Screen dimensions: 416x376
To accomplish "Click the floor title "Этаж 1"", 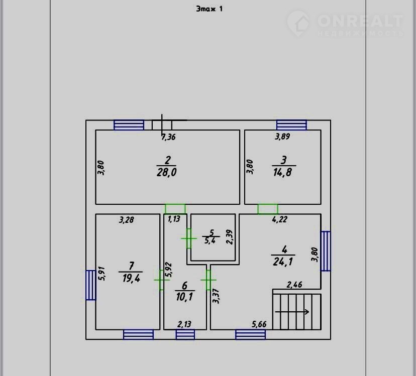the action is (x=210, y=9).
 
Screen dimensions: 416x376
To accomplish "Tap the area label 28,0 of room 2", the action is (x=167, y=172).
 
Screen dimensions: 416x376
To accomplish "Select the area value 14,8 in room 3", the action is (x=282, y=172).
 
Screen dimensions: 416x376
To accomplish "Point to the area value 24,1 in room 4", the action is (x=283, y=262).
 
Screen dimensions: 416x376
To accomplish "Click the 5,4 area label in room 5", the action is (x=210, y=241).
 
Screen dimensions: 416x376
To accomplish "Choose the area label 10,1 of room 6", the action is (x=184, y=297).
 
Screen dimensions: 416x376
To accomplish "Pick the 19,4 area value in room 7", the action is (x=131, y=279).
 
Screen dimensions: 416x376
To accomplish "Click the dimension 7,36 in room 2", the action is (x=168, y=137).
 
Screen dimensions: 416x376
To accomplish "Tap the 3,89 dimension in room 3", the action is (x=282, y=137).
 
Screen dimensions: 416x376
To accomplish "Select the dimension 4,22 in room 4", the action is (x=280, y=219).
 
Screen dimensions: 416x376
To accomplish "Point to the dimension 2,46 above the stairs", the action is (x=294, y=285).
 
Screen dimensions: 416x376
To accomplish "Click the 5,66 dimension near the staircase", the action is (x=259, y=324).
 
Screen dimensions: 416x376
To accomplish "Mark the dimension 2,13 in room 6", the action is (x=184, y=324).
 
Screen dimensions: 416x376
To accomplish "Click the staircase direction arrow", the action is (x=292, y=312).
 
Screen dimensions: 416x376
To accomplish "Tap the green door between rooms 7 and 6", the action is (x=161, y=280).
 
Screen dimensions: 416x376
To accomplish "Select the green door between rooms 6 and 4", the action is (x=209, y=280).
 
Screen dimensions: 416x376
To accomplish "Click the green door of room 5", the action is (x=189, y=238).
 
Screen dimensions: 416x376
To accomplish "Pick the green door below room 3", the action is (x=268, y=209).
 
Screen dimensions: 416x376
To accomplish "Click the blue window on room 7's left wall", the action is (x=91, y=285).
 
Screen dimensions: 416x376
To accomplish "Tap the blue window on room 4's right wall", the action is (x=326, y=251).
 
